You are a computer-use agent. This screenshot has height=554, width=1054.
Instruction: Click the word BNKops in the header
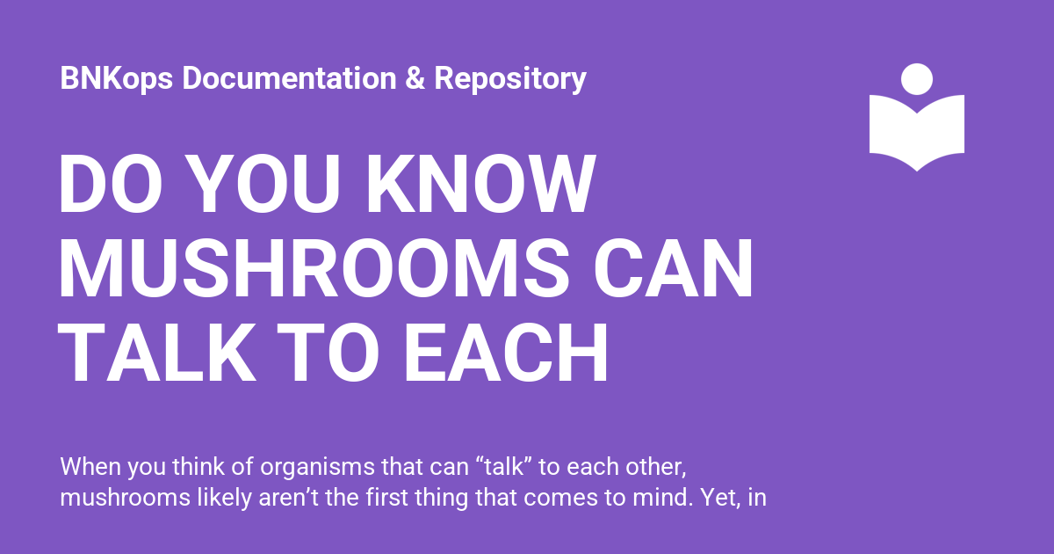click(x=117, y=78)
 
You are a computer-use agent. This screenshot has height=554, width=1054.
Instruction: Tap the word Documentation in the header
click(x=289, y=77)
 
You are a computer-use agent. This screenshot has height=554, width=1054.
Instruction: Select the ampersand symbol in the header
click(x=415, y=77)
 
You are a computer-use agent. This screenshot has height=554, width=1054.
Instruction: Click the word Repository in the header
click(x=510, y=78)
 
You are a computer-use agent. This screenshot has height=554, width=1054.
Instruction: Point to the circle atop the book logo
click(x=917, y=79)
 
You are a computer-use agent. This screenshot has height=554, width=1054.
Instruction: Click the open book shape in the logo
click(x=917, y=132)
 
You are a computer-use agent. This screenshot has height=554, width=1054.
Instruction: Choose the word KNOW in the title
click(x=480, y=184)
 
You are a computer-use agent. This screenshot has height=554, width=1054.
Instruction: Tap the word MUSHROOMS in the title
click(x=314, y=268)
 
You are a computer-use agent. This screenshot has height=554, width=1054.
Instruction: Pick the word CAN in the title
click(x=674, y=268)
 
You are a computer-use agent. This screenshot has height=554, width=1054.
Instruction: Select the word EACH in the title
click(x=506, y=354)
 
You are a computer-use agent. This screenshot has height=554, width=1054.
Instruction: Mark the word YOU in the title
click(x=263, y=184)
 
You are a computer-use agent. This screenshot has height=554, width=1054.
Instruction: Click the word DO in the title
click(x=110, y=184)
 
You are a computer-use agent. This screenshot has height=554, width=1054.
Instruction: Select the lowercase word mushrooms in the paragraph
click(x=125, y=498)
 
